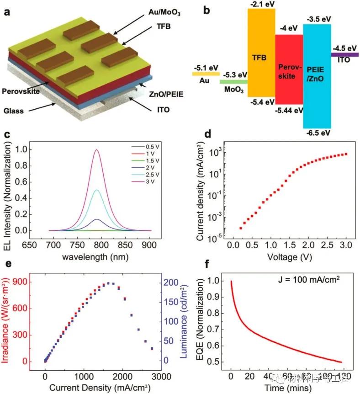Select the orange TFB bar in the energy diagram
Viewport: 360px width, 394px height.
(x=261, y=53)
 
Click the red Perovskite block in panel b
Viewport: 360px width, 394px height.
(x=289, y=69)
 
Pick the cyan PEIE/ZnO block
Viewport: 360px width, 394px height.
(x=317, y=75)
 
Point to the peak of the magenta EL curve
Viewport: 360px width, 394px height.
(x=96, y=149)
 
